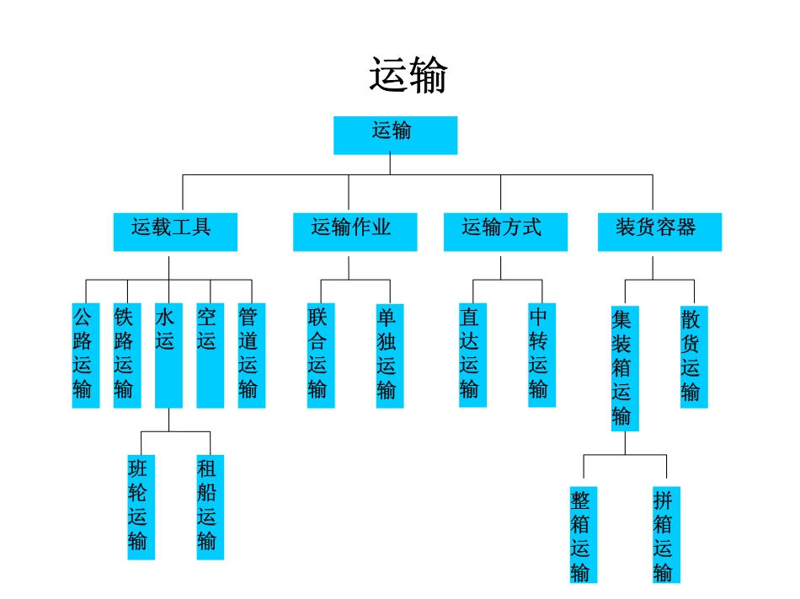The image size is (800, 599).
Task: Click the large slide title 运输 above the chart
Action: (x=408, y=76)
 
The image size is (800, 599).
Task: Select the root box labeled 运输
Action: (x=395, y=135)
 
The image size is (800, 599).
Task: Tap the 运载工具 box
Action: (x=175, y=231)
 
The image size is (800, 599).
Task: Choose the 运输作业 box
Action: (x=355, y=231)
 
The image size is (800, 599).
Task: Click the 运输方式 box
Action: (x=505, y=231)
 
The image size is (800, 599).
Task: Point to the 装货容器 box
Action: (x=659, y=231)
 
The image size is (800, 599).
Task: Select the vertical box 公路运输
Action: (x=85, y=355)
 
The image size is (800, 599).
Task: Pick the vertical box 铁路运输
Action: (x=126, y=355)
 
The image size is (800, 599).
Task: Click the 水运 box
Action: (x=168, y=355)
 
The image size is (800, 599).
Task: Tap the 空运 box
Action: (x=210, y=355)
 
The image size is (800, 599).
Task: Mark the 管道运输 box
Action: (x=251, y=355)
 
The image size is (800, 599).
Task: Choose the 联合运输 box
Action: (x=320, y=355)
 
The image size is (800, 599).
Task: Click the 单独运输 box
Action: (x=389, y=355)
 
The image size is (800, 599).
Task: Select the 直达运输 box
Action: (x=472, y=355)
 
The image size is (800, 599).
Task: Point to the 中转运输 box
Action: (x=541, y=355)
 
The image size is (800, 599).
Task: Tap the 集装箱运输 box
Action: (x=625, y=367)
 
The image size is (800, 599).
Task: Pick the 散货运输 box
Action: (x=694, y=355)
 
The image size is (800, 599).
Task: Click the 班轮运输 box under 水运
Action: (x=141, y=506)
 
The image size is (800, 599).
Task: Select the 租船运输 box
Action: (x=210, y=506)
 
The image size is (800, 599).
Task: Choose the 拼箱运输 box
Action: (x=666, y=535)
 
